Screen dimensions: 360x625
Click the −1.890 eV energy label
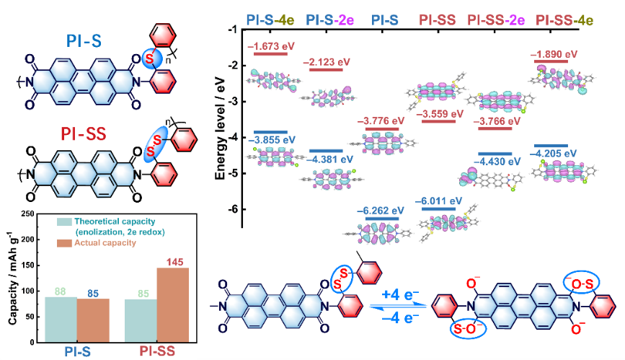[x=555, y=54]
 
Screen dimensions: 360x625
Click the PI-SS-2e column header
[x=496, y=18]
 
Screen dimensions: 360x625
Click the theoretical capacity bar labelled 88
[x=61, y=317]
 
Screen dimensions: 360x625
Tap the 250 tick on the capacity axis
[x=31, y=214]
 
